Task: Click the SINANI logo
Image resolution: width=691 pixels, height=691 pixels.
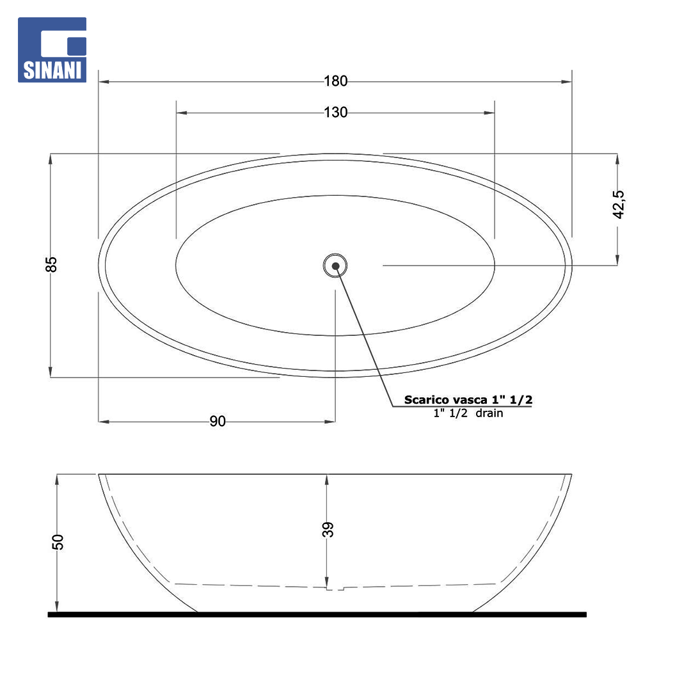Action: point(52,50)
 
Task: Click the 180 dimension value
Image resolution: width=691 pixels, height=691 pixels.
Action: point(335,81)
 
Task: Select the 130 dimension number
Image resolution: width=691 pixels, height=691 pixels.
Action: point(335,113)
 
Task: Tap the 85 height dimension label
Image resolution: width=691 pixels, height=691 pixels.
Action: point(52,264)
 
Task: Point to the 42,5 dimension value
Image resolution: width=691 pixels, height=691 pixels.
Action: point(619,205)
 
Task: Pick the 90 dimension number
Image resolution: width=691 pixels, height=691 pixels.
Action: point(218,421)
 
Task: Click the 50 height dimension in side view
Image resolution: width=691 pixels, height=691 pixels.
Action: point(58,542)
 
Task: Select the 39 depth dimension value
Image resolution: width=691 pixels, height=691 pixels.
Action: point(328,529)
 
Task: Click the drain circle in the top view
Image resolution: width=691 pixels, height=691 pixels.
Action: point(335,266)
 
